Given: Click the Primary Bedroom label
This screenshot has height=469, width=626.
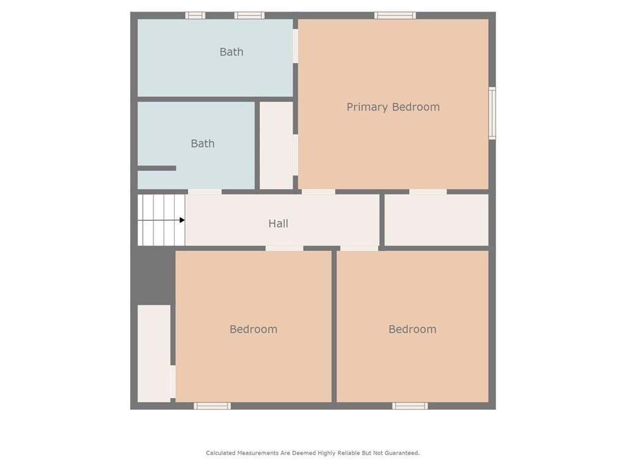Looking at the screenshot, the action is (392, 107).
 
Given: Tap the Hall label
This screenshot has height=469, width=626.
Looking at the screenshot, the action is (278, 224).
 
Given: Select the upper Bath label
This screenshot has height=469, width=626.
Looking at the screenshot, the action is (231, 52).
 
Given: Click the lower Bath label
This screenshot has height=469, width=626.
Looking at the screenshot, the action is (202, 144).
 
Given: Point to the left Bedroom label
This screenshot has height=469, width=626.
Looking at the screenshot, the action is (253, 329).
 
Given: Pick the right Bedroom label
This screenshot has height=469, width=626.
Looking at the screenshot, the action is (412, 329).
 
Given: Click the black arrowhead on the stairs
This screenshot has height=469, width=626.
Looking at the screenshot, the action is (182, 220).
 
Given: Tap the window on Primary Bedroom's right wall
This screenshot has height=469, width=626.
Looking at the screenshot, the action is (492, 113).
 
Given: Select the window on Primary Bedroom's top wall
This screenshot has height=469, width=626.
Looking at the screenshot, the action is (395, 15).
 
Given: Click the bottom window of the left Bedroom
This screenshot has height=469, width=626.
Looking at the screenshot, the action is (212, 405).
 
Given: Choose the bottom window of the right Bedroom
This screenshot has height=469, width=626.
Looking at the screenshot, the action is (410, 405).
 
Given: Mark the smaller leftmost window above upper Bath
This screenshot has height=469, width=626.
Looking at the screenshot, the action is (195, 15).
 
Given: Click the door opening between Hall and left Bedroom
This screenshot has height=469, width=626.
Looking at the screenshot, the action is (284, 248).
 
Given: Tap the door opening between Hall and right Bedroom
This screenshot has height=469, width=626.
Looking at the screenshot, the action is (359, 248).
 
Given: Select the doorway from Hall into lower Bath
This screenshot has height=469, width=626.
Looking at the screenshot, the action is (204, 192).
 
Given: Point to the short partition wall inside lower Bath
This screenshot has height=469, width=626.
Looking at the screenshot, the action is (157, 168).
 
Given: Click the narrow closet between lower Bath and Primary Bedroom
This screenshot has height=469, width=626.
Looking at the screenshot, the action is (276, 145).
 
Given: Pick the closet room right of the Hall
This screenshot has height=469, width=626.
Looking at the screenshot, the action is (436, 220).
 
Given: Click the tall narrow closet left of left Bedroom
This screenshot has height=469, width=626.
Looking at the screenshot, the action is (153, 353).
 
